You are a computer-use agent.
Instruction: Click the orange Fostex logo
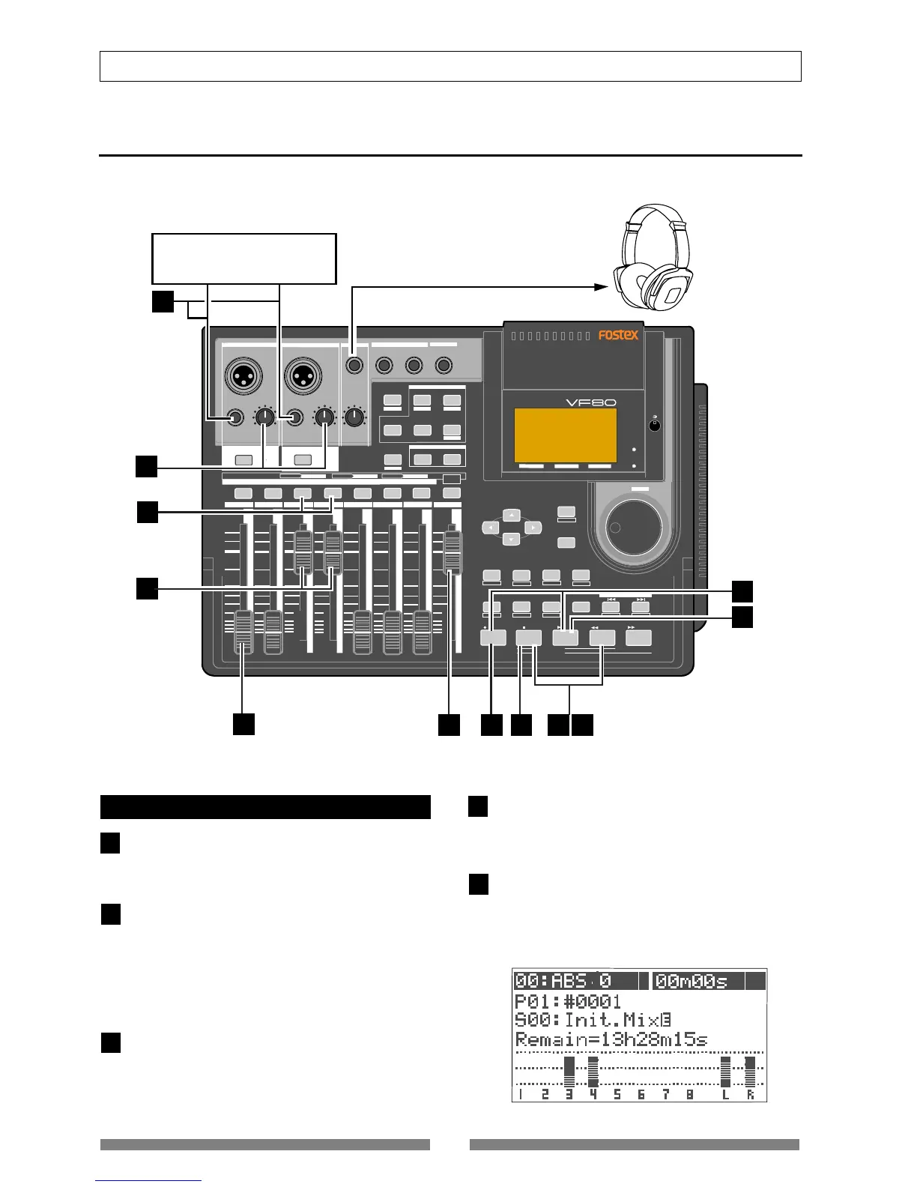(618, 335)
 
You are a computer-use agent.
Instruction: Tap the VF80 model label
(590, 402)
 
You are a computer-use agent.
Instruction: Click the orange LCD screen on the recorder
(566, 435)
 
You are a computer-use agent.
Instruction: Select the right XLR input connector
(303, 372)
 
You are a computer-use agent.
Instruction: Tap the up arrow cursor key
(511, 515)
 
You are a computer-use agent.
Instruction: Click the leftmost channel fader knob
(243, 632)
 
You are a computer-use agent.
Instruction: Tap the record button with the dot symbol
(493, 638)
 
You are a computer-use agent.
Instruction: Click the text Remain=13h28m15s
(611, 1039)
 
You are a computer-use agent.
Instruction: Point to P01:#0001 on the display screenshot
(568, 1001)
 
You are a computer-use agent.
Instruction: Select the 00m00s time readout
(699, 981)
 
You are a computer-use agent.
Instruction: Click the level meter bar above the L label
(724, 1072)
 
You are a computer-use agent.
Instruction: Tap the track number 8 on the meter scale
(689, 1094)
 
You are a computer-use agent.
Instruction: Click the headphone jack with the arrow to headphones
(354, 365)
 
